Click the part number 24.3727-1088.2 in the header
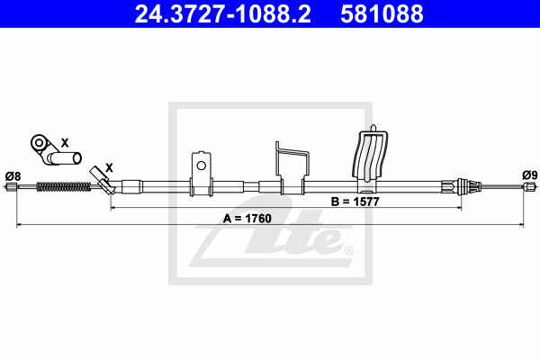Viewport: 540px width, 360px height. (x=222, y=13)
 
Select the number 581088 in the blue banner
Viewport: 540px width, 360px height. (x=382, y=13)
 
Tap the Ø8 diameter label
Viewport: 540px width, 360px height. (x=13, y=176)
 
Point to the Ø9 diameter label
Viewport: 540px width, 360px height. (x=530, y=175)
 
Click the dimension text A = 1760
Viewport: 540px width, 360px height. (x=247, y=219)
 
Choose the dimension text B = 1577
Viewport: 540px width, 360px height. (x=355, y=202)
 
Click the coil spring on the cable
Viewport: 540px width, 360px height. (x=64, y=186)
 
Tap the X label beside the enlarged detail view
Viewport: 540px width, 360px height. (x=65, y=142)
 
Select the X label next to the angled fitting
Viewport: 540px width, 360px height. (x=109, y=168)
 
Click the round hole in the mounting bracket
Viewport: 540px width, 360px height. (x=201, y=166)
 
